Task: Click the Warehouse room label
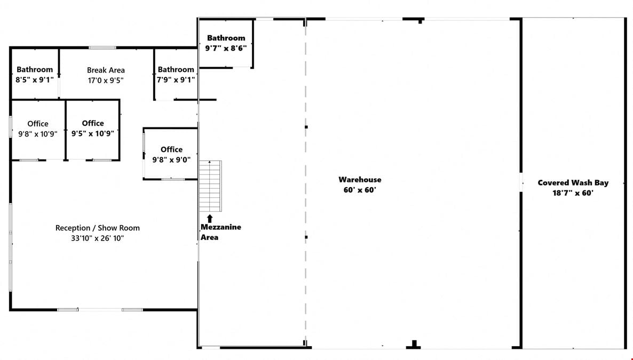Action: click(x=360, y=180)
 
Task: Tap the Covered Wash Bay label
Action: click(x=573, y=183)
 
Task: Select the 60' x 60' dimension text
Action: click(x=360, y=190)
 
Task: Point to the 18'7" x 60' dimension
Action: click(x=573, y=193)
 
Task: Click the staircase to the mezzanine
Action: click(x=210, y=186)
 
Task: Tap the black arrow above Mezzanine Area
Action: click(x=210, y=219)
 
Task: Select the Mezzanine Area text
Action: click(x=220, y=232)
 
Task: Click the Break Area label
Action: click(x=106, y=70)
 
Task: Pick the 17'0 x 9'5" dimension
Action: click(x=106, y=81)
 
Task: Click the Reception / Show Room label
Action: click(x=97, y=228)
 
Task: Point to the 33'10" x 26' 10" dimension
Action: click(x=97, y=238)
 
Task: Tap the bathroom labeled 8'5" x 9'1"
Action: click(x=35, y=74)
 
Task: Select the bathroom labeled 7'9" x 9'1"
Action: click(x=176, y=74)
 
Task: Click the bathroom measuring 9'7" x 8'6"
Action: click(x=226, y=43)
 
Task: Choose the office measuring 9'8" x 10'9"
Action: click(x=38, y=130)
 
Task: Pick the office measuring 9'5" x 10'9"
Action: click(x=93, y=129)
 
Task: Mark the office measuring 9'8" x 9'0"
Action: click(x=171, y=154)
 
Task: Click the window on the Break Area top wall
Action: click(x=102, y=47)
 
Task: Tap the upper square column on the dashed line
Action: click(x=306, y=127)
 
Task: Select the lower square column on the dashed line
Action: click(x=306, y=237)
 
